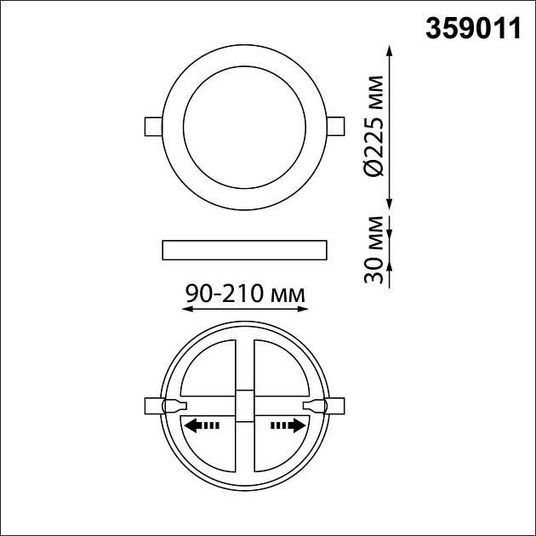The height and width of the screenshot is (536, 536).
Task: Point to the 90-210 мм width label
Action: pos(244,294)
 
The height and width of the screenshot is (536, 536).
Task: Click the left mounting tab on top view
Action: pos(151,126)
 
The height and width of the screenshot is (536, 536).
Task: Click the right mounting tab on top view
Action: pos(336,126)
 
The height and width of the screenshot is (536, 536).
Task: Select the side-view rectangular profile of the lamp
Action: pos(244,249)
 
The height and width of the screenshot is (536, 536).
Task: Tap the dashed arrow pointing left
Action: pos(202,425)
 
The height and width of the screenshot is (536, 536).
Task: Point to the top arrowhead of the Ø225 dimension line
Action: pos(391,51)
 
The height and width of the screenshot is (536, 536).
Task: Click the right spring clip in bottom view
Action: pos(324,406)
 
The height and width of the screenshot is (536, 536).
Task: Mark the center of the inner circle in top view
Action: pos(244,125)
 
